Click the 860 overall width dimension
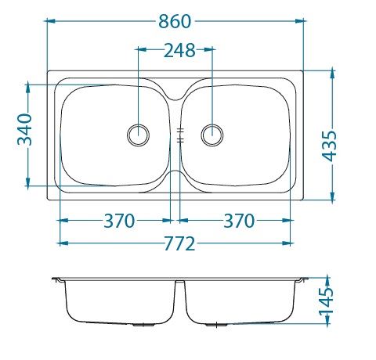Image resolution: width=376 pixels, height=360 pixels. point(175,21)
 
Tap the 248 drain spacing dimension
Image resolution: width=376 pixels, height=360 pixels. point(179,50)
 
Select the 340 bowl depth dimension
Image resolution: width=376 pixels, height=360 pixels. point(24,129)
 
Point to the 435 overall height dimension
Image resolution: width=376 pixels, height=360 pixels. point(329,146)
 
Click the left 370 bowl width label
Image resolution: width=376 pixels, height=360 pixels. point(119,221)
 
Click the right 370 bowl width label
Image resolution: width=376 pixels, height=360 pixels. point(239,221)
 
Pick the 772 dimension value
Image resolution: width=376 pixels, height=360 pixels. point(179,243)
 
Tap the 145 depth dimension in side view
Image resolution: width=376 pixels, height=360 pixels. point(327,301)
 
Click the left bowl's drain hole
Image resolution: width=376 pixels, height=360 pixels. point(139,135)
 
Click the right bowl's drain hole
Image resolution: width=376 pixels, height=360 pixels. point(212,135)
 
